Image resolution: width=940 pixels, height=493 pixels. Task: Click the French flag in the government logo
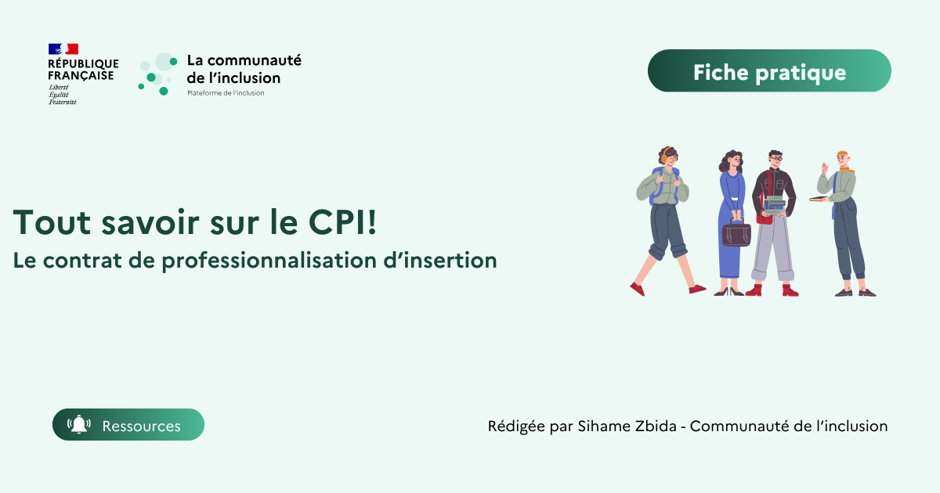[x=63, y=49]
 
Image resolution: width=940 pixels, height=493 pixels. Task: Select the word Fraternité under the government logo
[x=63, y=102]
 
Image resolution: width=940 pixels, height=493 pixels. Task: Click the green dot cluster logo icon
[x=157, y=74]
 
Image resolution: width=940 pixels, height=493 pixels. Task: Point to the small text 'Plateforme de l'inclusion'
[x=226, y=93]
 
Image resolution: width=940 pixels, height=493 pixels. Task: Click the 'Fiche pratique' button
[x=769, y=72]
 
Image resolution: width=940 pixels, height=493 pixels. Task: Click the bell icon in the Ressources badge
[x=79, y=425]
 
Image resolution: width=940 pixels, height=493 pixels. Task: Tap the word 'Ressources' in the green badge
[x=141, y=426]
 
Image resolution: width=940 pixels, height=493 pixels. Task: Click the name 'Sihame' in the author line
[x=602, y=426]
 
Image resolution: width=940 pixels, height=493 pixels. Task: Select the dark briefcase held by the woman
[x=736, y=234]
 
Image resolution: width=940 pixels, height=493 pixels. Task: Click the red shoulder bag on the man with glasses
[x=765, y=218]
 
